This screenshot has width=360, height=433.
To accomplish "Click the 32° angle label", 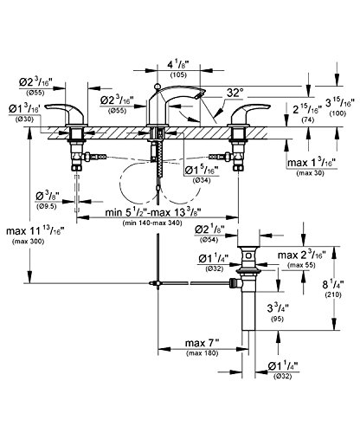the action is pyautogui.click(x=235, y=93).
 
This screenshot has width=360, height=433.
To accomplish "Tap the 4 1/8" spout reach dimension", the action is pyautogui.click(x=177, y=65).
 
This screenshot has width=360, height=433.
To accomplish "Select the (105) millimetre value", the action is pyautogui.click(x=178, y=74).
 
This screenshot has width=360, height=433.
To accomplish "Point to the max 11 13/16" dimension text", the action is pyautogui.click(x=35, y=231).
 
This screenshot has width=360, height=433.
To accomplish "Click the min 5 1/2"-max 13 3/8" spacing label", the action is pyautogui.click(x=153, y=213).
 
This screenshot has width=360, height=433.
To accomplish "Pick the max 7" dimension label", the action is pyautogui.click(x=202, y=343).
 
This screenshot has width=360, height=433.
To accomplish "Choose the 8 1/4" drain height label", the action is pyautogui.click(x=333, y=285).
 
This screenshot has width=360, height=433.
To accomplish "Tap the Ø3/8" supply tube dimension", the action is pyautogui.click(x=47, y=197).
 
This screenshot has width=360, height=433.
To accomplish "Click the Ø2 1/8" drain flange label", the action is pyautogui.click(x=209, y=229).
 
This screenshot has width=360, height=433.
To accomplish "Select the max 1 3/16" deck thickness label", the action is pyautogui.click(x=312, y=163).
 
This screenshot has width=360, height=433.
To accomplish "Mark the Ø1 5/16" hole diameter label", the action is pyautogui.click(x=202, y=171).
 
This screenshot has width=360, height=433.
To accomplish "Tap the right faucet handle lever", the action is pyautogui.click(x=248, y=110).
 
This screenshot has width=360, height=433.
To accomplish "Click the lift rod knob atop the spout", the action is pyautogui.click(x=157, y=86).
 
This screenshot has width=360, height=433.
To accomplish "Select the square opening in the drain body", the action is pyautogui.click(x=248, y=255).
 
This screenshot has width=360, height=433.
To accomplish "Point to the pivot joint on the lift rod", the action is pyautogui.click(x=157, y=283).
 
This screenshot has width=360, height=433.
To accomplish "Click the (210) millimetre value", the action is pyautogui.click(x=333, y=294).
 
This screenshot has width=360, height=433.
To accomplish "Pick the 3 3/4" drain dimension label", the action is pyautogui.click(x=278, y=308).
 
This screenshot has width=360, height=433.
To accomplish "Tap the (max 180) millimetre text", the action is pyautogui.click(x=202, y=353).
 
